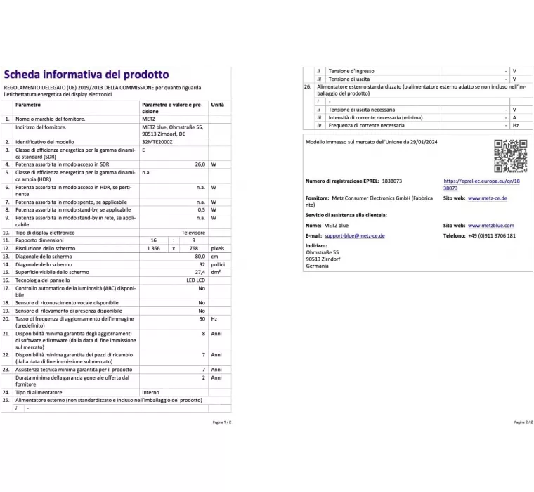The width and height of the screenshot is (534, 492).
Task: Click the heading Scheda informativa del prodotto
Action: click(x=86, y=74)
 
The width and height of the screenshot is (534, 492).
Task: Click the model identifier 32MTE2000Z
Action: click(x=156, y=141)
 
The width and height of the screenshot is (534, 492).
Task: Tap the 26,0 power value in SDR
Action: click(x=200, y=164)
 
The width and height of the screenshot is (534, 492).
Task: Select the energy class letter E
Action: click(x=143, y=150)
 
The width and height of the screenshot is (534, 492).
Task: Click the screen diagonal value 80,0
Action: click(x=200, y=257)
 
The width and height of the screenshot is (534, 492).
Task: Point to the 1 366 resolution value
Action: click(x=153, y=248)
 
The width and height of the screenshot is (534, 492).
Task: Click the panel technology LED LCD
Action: click(x=196, y=279)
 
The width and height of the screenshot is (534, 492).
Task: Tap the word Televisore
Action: click(x=193, y=232)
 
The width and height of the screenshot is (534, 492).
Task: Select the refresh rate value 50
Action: click(x=202, y=318)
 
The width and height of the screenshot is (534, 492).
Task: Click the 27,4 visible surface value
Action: click(x=200, y=271)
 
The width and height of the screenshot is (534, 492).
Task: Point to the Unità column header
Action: click(x=218, y=105)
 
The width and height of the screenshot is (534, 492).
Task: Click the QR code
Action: click(x=510, y=156)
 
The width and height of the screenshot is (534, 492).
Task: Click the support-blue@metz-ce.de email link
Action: click(x=354, y=235)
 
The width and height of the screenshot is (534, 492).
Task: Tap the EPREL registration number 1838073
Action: click(x=389, y=181)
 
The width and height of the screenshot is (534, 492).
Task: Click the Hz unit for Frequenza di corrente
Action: click(x=515, y=125)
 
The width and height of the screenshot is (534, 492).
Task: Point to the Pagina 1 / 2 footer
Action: click(x=221, y=422)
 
